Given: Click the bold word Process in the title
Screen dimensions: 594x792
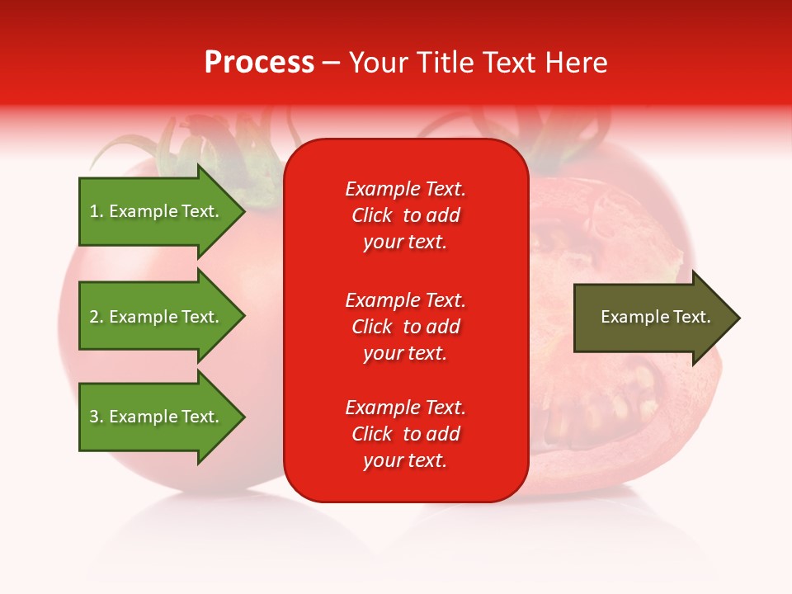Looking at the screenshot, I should click(x=259, y=63).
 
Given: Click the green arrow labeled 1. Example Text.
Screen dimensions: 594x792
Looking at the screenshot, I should click(x=157, y=211).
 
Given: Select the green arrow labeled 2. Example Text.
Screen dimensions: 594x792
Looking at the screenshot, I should click(x=157, y=317).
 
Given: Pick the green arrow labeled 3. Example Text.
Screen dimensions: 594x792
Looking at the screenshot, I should click(x=157, y=417).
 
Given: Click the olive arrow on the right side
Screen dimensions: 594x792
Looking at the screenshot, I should click(x=652, y=318).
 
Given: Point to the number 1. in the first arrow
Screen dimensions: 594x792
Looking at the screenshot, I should click(x=97, y=211).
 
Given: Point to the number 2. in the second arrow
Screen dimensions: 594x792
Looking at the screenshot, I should click(x=97, y=317).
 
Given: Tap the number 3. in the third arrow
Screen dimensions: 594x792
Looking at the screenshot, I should click(x=97, y=417).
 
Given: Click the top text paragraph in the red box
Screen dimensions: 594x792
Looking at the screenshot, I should click(x=405, y=215).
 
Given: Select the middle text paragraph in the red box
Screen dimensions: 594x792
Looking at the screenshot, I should click(x=405, y=327).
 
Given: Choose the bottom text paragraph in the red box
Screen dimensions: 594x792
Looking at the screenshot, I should click(x=405, y=434).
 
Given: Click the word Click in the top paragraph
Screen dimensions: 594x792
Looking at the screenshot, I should click(x=371, y=215).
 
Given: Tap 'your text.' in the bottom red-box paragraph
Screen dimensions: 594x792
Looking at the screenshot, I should click(x=405, y=460).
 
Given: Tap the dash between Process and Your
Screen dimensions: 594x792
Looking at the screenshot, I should click(x=332, y=63).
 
